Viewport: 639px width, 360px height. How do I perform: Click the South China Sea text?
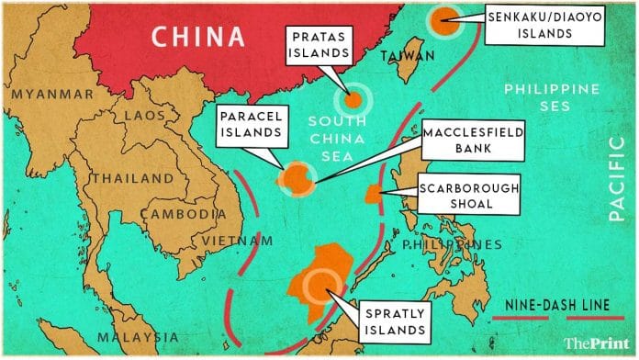coord(339,137)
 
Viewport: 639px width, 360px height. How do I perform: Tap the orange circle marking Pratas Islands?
coord(352,101)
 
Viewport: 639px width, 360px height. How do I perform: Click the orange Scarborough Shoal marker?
coord(375,195)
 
